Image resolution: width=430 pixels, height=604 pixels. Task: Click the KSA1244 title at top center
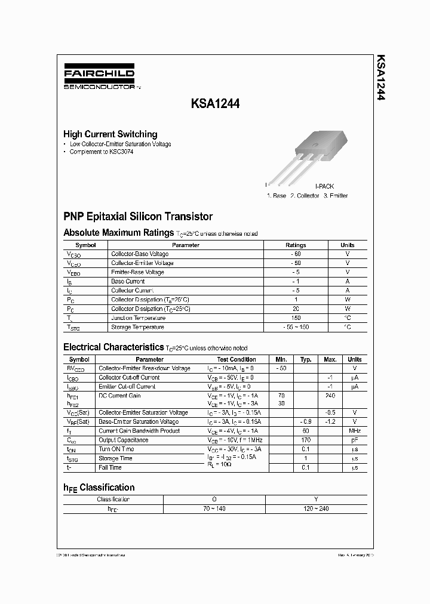[216, 103]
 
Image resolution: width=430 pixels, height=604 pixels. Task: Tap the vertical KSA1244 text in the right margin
[380, 78]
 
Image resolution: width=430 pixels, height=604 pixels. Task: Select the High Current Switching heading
[110, 134]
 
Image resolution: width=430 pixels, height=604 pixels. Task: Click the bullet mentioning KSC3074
[102, 152]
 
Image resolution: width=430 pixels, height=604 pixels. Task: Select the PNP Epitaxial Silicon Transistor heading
[138, 217]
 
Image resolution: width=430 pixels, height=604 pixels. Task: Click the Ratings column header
[296, 245]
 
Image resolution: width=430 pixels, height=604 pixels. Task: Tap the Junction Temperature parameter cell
[139, 318]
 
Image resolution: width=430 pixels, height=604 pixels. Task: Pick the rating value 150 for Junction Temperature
[296, 318]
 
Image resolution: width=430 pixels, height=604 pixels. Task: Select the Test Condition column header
[236, 359]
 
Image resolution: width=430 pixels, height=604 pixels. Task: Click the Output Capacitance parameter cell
[124, 440]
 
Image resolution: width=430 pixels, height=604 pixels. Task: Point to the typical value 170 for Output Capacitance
[306, 440]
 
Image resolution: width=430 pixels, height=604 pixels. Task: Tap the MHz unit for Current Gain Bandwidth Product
[355, 431]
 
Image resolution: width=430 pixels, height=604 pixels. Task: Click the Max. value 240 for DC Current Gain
[330, 396]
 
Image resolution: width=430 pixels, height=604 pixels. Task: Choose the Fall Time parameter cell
[111, 467]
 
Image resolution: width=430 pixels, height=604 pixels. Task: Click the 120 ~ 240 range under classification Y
[316, 509]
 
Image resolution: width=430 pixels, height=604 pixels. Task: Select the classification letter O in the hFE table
[213, 499]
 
